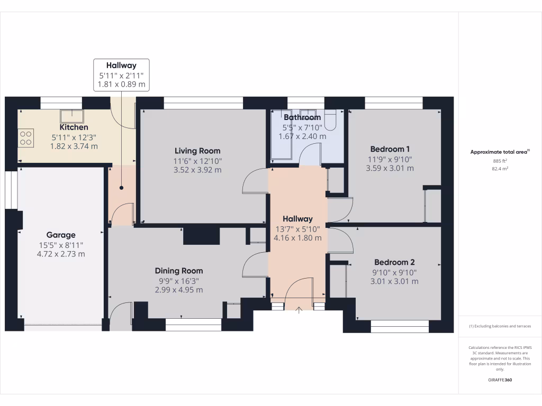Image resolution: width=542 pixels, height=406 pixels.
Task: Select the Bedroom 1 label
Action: [x=390, y=149]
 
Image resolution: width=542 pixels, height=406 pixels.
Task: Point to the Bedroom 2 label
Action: [x=394, y=262]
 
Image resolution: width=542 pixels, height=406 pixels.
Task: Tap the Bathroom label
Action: [x=302, y=117]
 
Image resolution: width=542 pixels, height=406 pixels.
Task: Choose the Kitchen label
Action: [x=74, y=127]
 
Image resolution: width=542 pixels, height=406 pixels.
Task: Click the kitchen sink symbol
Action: [x=70, y=115]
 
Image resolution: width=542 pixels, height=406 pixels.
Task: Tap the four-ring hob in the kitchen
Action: [x=26, y=138]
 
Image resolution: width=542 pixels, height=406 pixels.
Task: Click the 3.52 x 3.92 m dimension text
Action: [x=197, y=170]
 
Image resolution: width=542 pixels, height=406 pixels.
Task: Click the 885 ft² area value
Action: [x=500, y=161]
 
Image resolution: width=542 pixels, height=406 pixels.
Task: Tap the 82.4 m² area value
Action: [x=500, y=169]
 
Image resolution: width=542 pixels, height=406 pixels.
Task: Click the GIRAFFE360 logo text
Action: [x=500, y=380]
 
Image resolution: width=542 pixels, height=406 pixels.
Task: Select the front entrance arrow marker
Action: [x=298, y=310]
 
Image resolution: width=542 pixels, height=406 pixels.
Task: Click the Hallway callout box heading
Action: [x=121, y=66]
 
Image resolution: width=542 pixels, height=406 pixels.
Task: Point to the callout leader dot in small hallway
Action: [x=121, y=188]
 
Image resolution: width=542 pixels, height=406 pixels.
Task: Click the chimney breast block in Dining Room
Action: [x=201, y=235]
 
